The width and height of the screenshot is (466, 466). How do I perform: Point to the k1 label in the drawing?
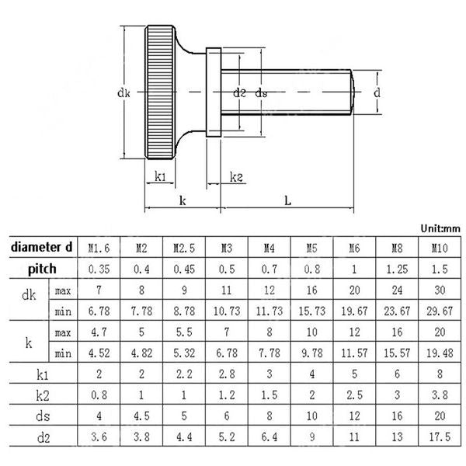coord(160,177)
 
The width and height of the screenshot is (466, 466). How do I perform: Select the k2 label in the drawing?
coord(236,178)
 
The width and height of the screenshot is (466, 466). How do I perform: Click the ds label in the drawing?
coord(262,93)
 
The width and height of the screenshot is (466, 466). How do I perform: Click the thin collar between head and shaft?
coord(214,92)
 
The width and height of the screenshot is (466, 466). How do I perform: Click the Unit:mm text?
coord(440,228)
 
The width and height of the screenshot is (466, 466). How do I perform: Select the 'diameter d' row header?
coord(42,248)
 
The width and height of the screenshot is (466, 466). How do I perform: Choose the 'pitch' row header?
coord(42,269)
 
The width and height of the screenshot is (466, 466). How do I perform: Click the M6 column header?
coord(353,249)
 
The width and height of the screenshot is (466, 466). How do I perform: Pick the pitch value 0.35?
coord(97,270)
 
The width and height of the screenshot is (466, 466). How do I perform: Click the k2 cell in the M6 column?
coord(353,395)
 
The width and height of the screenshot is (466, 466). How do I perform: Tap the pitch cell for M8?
coord(396,270)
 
